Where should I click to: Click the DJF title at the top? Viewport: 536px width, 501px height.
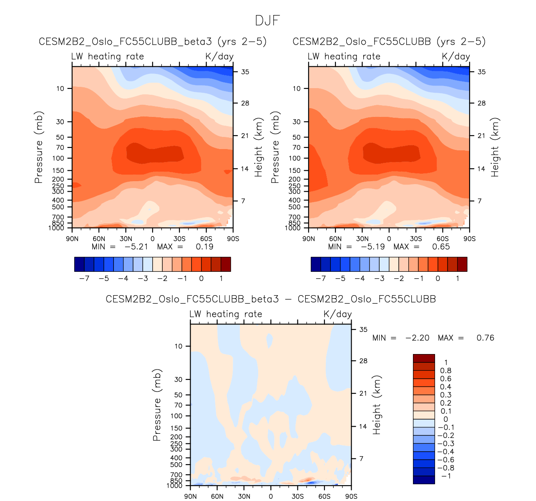[x=267, y=20]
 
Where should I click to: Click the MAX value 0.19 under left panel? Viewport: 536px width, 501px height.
[x=204, y=247]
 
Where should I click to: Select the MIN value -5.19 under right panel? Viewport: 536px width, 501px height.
[x=372, y=247]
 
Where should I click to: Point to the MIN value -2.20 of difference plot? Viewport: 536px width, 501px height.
[x=417, y=338]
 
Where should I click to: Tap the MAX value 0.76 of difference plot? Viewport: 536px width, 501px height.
[x=485, y=338]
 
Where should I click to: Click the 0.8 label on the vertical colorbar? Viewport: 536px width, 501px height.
[x=446, y=371]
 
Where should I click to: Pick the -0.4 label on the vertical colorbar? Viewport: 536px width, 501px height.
[x=446, y=452]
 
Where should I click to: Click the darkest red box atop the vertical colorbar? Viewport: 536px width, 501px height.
[x=424, y=359]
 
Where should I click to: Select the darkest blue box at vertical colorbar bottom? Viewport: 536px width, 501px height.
[x=424, y=480]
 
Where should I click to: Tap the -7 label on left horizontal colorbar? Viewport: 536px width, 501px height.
[x=84, y=278]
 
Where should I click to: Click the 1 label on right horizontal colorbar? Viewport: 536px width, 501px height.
[x=458, y=278]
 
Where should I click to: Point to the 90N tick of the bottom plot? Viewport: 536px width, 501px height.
[x=190, y=496]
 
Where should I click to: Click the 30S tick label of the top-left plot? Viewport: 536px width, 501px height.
[x=179, y=239]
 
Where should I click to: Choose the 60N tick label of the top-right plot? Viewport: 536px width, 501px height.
[x=335, y=239]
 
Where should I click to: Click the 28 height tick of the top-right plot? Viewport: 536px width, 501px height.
[x=482, y=103]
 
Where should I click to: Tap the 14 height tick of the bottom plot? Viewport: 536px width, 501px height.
[x=363, y=426]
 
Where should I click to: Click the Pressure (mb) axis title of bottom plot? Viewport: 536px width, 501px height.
[x=157, y=405]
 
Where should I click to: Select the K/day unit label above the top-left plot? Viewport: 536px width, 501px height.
[x=219, y=56]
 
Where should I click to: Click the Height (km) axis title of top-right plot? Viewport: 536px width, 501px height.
[x=495, y=147]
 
